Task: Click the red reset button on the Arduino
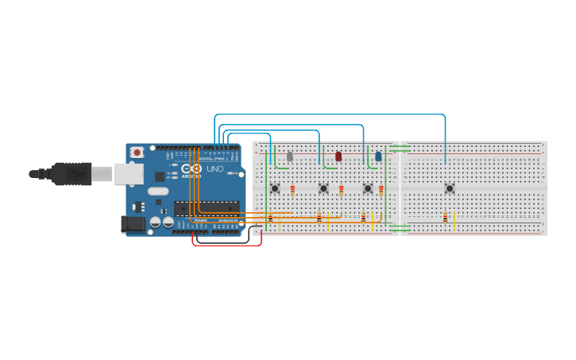click(x=137, y=152)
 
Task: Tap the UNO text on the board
click(x=215, y=168)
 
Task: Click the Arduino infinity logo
click(x=191, y=168)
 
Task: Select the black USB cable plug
click(x=72, y=173)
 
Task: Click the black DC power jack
click(x=133, y=225)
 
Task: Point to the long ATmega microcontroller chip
click(x=207, y=208)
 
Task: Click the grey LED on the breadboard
click(x=290, y=157)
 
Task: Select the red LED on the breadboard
click(x=338, y=157)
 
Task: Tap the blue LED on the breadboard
click(x=378, y=157)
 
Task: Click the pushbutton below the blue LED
click(x=368, y=188)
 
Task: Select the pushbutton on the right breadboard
click(x=450, y=188)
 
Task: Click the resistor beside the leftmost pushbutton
click(x=292, y=190)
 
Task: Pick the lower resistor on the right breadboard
click(x=445, y=218)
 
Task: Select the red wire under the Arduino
click(x=226, y=244)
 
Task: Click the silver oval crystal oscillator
click(x=158, y=191)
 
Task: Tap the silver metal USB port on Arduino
click(x=127, y=173)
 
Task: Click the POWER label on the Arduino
click(x=200, y=220)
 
